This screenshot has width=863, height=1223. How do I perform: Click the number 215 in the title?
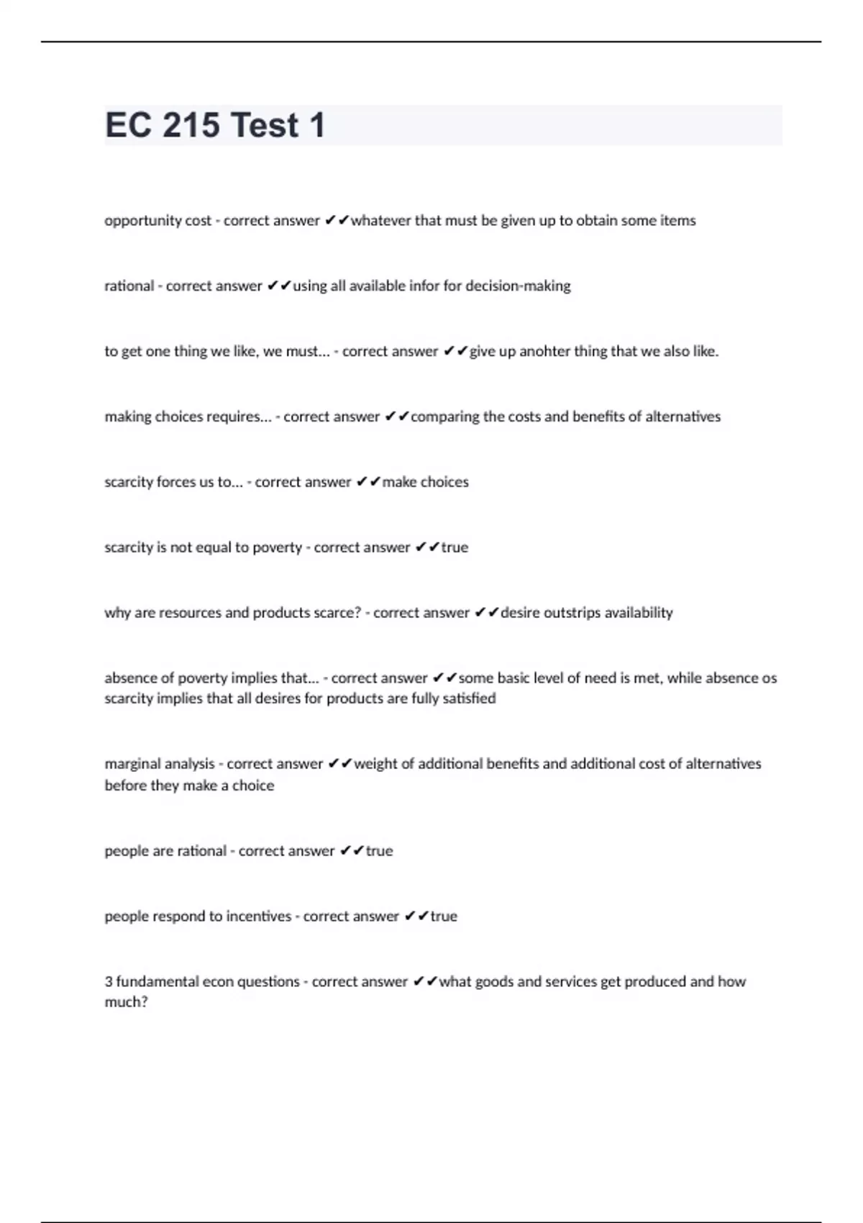(191, 125)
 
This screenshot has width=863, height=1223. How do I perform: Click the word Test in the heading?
(265, 125)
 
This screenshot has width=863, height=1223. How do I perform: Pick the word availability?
(639, 613)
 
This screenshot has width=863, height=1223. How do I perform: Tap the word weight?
(375, 764)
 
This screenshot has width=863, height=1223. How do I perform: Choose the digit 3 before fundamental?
(109, 982)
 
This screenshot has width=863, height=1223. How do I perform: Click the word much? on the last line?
(126, 1002)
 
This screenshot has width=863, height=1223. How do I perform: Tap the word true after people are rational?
(379, 851)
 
